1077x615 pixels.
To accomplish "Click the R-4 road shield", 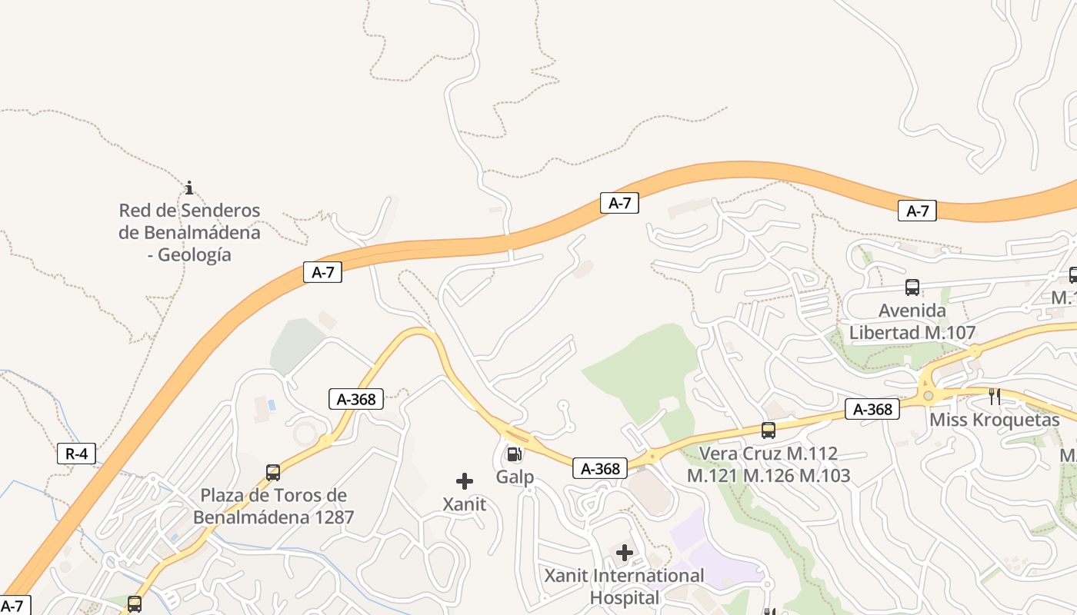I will tap(76, 454).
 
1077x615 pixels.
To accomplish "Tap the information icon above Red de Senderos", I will tap(189, 188).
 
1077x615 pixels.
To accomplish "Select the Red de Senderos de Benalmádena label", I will tap(189, 232).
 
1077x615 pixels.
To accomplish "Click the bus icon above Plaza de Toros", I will tap(273, 472).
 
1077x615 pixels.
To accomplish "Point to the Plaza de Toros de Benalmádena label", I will tap(273, 506).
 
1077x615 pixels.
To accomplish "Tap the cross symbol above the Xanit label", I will tap(465, 481).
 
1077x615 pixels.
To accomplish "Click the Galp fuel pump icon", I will tap(513, 454).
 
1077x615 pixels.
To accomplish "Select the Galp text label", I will tap(515, 477).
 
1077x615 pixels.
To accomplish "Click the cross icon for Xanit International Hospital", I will tap(625, 552).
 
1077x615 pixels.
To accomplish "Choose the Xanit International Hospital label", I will tap(624, 586).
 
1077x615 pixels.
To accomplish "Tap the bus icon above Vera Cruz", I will tap(768, 430).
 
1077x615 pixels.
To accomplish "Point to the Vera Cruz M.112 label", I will tap(768, 464).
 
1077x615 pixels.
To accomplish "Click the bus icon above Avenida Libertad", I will tap(912, 288).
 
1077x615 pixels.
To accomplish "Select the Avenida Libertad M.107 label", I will tap(912, 321).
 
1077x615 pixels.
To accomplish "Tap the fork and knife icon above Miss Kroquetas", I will tap(995, 397).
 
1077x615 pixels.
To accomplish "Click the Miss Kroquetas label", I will tap(995, 420).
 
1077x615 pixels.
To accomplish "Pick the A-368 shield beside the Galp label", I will tap(600, 468).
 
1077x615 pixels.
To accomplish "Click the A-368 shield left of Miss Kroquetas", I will tap(872, 409).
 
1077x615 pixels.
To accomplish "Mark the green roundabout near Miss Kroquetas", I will tap(929, 396).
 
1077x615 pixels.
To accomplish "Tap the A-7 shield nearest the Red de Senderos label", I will tap(322, 272).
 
